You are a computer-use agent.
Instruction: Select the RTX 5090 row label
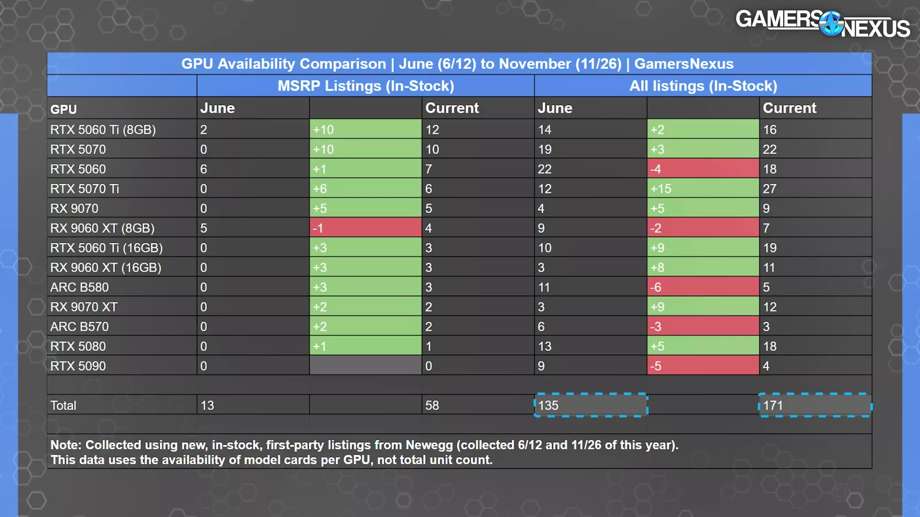coord(78,366)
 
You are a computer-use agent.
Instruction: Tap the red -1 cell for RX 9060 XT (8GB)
coord(365,228)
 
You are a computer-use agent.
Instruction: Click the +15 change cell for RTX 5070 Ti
coord(703,188)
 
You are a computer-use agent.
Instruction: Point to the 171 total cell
coord(815,406)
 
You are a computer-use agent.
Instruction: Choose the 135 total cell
coord(591,406)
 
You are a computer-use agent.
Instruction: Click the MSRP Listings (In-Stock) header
coord(366,86)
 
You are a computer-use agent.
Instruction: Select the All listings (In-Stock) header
coord(703,86)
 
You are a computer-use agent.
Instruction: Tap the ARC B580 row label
coord(79,287)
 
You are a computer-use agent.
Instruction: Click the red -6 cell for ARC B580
coord(703,287)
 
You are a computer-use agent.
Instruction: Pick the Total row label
coord(63,406)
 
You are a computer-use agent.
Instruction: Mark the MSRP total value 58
coord(432,406)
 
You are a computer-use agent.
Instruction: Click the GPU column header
coord(64,109)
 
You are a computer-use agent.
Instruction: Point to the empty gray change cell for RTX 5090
coord(365,366)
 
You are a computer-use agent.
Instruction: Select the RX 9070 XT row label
coord(84,307)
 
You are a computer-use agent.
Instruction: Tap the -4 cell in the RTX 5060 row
coord(703,169)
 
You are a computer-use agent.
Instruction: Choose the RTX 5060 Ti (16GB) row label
coord(106,248)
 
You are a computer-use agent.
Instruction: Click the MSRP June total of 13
coord(208,406)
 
